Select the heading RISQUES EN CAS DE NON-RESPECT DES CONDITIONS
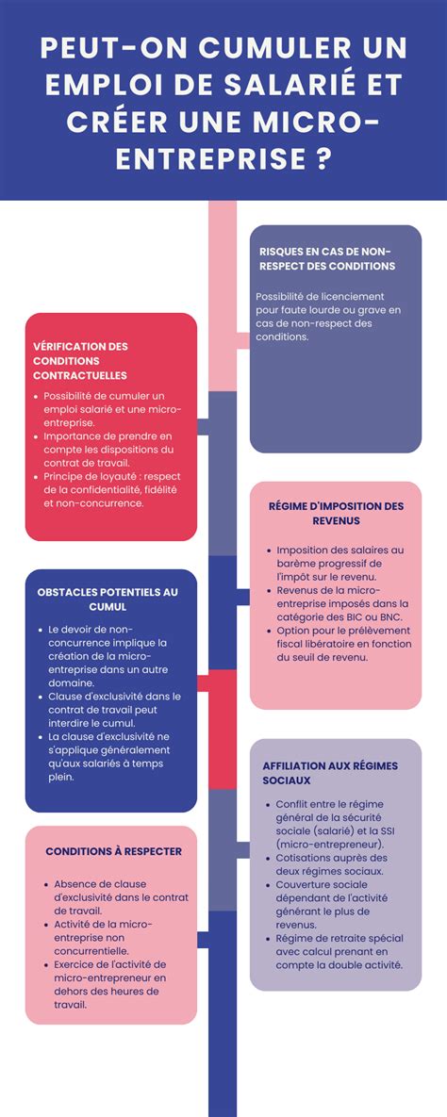tap(326, 258)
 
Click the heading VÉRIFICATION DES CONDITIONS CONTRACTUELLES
tap(80, 360)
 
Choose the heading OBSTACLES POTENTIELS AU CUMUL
tap(108, 600)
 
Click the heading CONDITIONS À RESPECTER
tap(113, 851)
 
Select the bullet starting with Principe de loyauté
tap(111, 490)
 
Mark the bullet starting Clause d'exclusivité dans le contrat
tap(113, 709)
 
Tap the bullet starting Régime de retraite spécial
tap(339, 951)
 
